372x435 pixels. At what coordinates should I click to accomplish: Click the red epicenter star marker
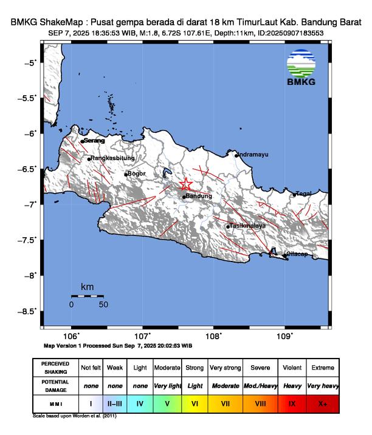pos(186,184)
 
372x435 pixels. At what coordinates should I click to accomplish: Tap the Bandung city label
pos(199,197)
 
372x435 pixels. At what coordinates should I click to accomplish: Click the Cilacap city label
pos(299,254)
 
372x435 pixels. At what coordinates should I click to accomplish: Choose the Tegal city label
pos(304,194)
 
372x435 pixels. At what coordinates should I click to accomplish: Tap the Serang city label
pos(94,141)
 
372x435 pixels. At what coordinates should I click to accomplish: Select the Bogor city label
pos(137,174)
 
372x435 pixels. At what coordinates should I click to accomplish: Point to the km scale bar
pos(87,296)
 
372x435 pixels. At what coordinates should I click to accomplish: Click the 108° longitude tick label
pos(213,337)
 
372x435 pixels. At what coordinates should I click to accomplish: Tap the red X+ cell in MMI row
pos(322,402)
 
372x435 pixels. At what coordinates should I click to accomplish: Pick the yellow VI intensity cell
pos(195,402)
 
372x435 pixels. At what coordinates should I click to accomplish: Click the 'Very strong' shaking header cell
pos(224,368)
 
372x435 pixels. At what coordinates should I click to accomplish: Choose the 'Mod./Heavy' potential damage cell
pos(260,385)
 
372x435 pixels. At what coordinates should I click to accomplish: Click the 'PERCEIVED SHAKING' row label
pos(55,368)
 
